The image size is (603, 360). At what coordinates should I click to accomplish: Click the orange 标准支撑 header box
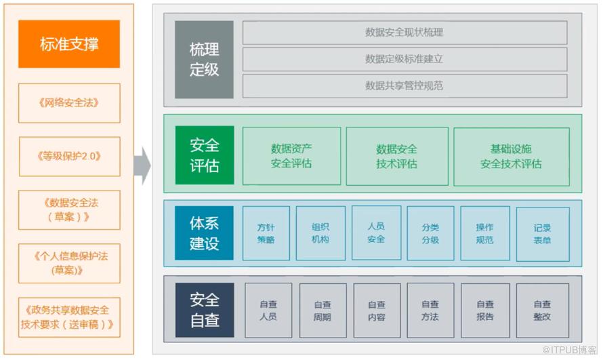pyautogui.click(x=69, y=44)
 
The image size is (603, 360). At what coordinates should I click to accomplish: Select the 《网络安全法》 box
pyautogui.click(x=69, y=103)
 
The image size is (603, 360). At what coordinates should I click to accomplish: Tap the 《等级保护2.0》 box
pyautogui.click(x=69, y=156)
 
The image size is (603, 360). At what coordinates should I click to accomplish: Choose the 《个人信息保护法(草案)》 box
pyautogui.click(x=69, y=263)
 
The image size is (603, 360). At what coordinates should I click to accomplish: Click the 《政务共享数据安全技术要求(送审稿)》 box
pyautogui.click(x=69, y=317)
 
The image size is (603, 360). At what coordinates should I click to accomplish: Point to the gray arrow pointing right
pyautogui.click(x=142, y=165)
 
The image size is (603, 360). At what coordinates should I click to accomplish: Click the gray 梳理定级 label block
pyautogui.click(x=204, y=60)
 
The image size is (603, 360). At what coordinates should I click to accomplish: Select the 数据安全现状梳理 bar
pyautogui.click(x=404, y=32)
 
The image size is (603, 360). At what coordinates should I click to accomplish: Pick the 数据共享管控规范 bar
pyautogui.click(x=404, y=85)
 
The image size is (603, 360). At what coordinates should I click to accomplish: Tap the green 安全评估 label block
pyautogui.click(x=204, y=155)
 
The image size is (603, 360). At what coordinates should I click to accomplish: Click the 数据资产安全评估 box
pyautogui.click(x=291, y=156)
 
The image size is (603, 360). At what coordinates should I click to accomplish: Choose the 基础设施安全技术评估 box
pyautogui.click(x=511, y=156)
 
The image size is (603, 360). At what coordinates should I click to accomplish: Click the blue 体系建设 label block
pyautogui.click(x=204, y=233)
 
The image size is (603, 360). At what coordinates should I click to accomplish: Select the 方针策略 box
pyautogui.click(x=266, y=233)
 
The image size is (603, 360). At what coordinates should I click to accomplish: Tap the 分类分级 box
pyautogui.click(x=430, y=233)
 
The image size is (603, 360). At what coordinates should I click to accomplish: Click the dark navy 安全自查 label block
pyautogui.click(x=204, y=310)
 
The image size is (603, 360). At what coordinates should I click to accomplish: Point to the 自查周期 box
pyautogui.click(x=323, y=311)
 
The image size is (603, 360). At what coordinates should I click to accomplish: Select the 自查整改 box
pyautogui.click(x=542, y=311)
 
